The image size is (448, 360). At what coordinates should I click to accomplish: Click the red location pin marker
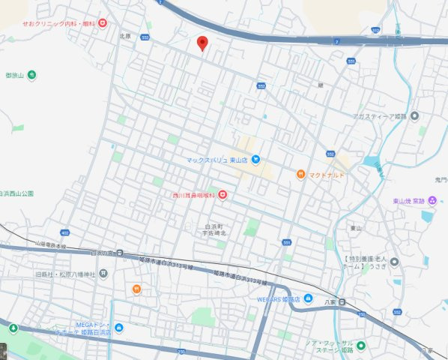coord(202,43)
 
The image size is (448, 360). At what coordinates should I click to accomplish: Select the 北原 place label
coord(124,35)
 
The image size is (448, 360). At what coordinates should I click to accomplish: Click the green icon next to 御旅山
coord(32,75)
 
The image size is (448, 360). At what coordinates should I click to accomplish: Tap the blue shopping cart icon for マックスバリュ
coord(255,159)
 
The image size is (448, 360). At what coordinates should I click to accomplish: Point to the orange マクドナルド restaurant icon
coord(300,175)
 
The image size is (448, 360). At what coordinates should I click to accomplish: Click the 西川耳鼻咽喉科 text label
coord(193,196)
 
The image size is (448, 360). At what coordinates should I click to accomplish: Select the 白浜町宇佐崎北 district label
coord(215,229)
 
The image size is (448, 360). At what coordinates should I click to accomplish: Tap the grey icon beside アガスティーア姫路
coord(414,115)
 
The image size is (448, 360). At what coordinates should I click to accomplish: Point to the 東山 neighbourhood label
coord(356,227)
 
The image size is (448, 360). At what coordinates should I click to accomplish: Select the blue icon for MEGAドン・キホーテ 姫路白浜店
coord(119,327)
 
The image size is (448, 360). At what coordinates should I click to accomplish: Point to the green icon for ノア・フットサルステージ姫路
coord(361,346)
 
